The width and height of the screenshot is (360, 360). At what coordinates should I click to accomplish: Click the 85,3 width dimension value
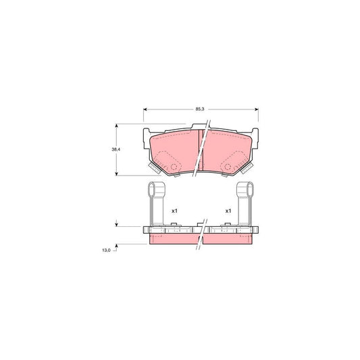click(x=200, y=107)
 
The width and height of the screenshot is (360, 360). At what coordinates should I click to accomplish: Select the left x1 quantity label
click(x=174, y=211)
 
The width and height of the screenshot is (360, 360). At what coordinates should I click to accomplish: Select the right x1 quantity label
click(x=228, y=211)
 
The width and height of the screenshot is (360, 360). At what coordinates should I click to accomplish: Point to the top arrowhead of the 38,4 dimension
click(x=118, y=126)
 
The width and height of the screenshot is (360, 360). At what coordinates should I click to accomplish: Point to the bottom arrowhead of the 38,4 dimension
click(x=118, y=174)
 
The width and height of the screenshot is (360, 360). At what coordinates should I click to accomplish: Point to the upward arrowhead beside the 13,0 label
click(x=118, y=246)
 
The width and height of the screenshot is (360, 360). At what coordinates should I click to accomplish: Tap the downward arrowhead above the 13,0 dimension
click(x=118, y=225)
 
